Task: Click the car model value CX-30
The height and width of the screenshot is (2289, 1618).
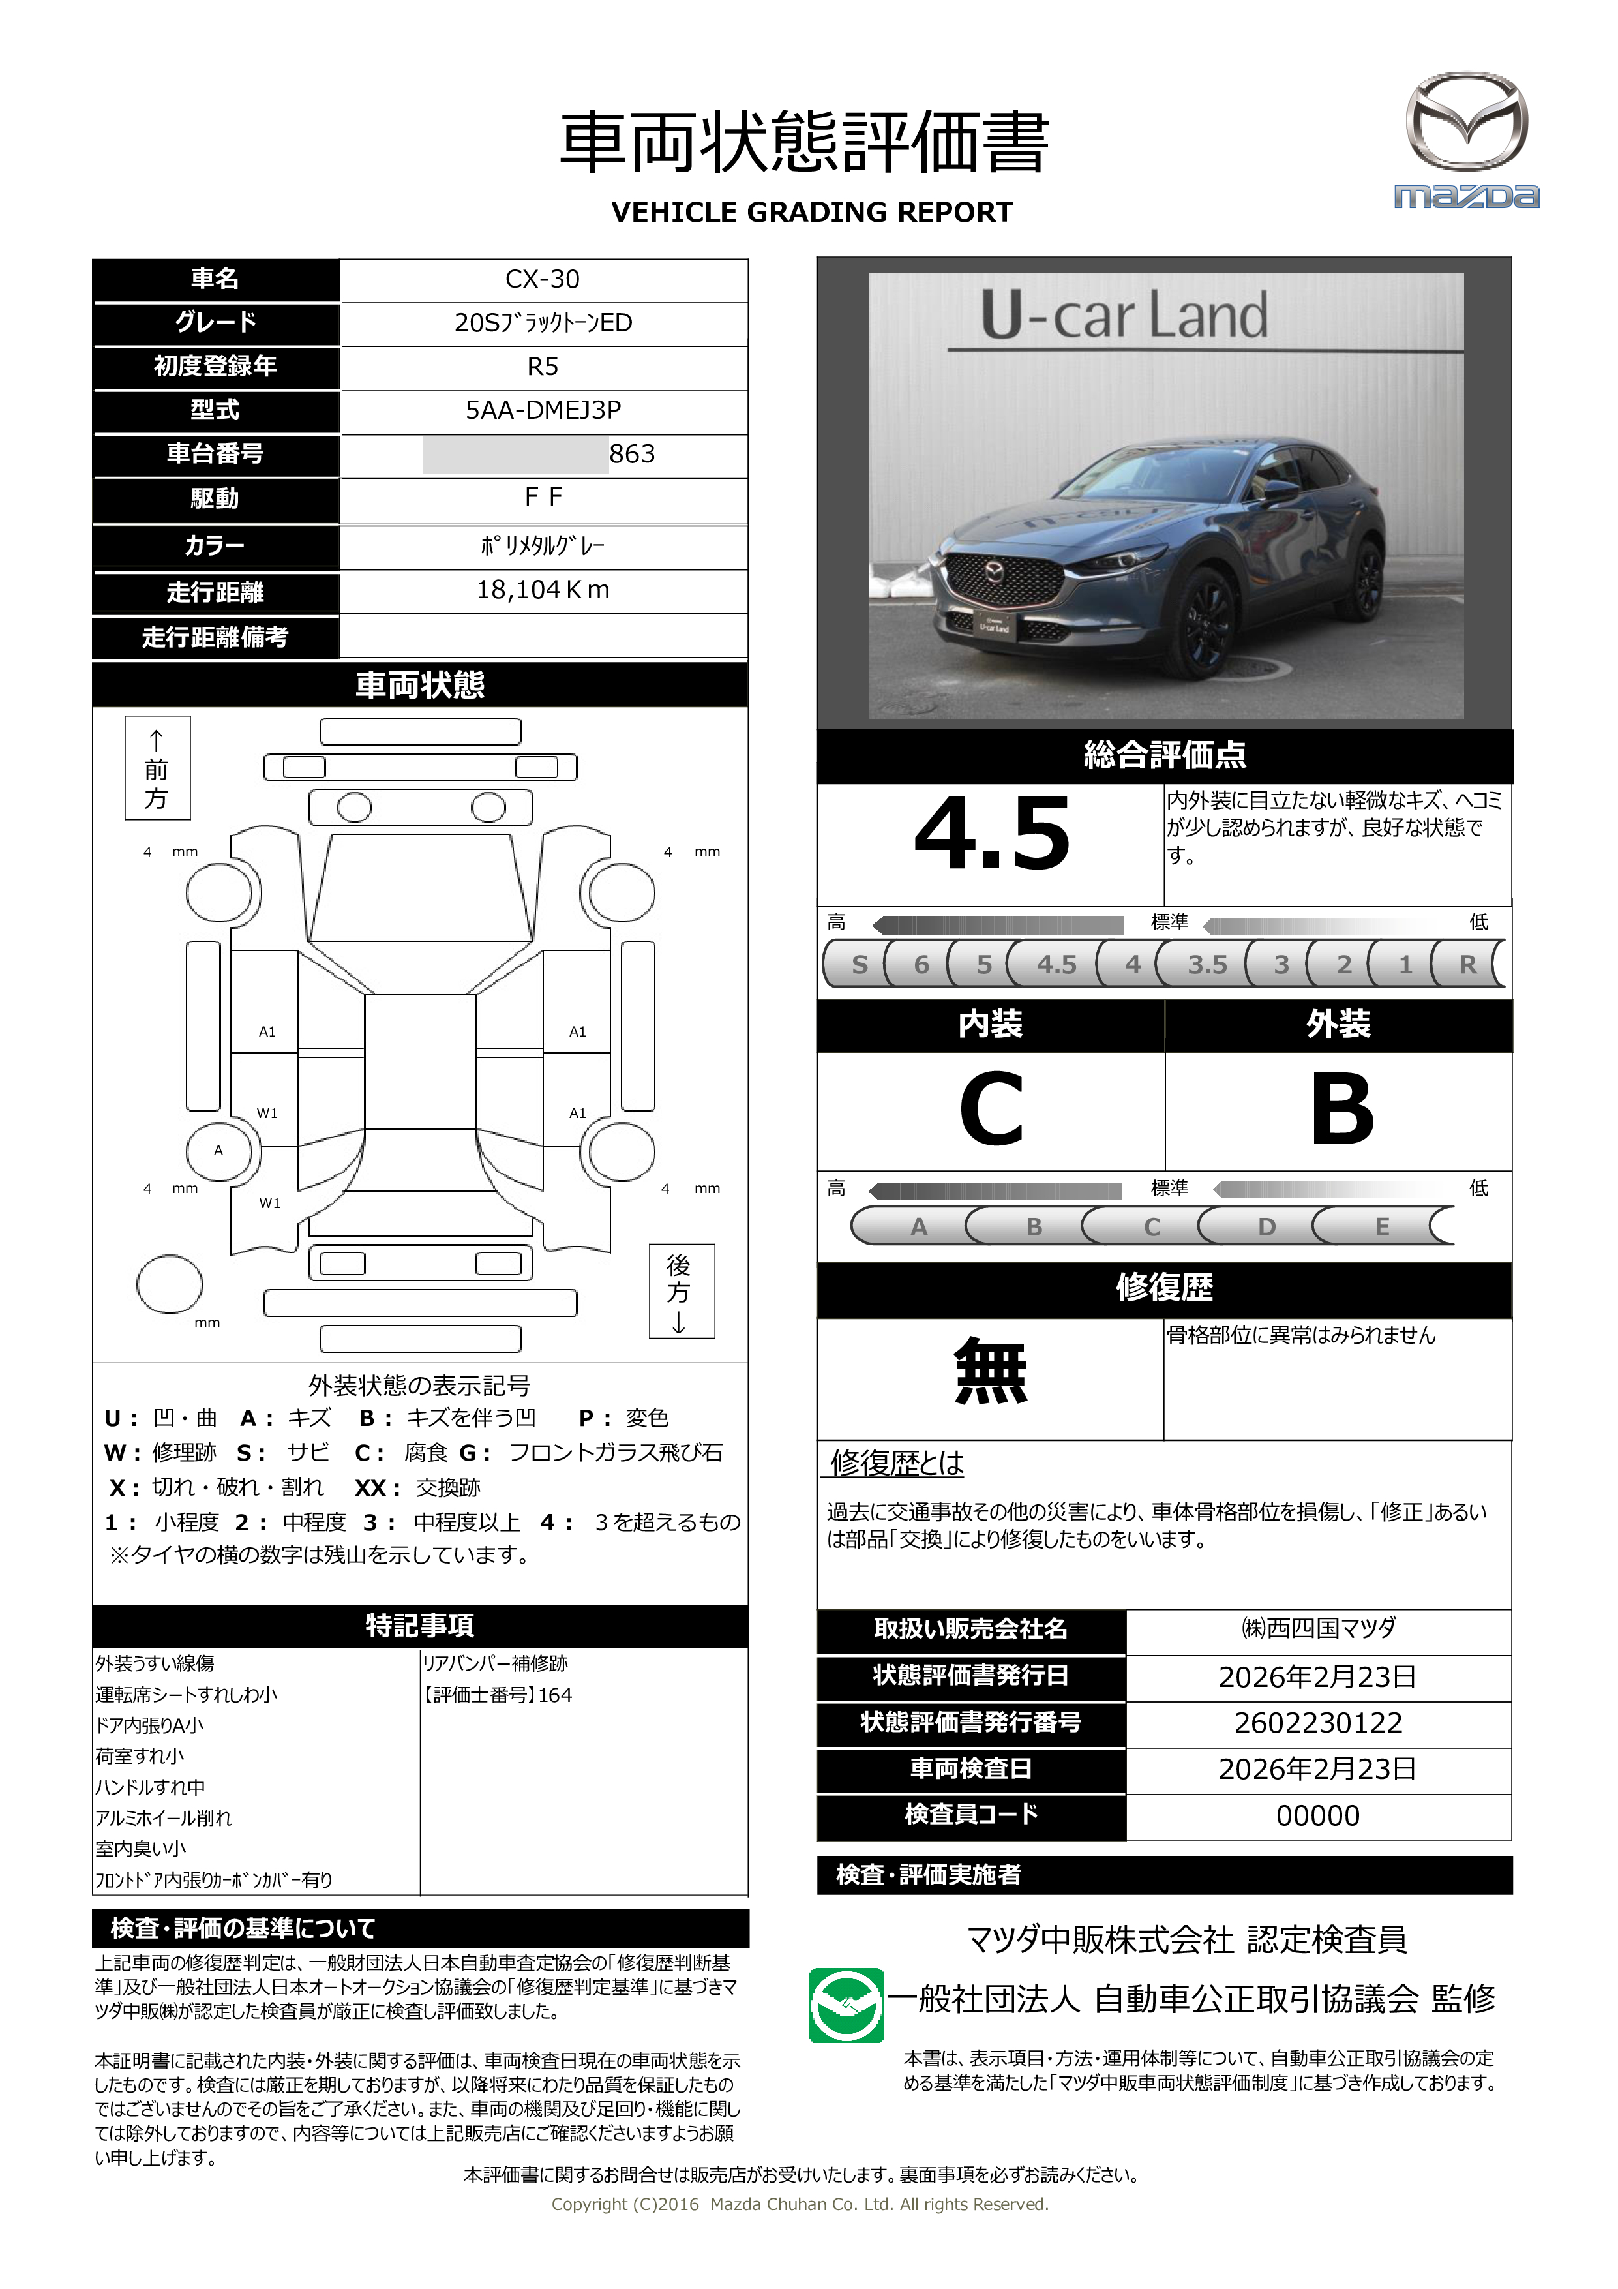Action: (543, 279)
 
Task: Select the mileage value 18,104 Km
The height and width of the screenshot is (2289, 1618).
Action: (543, 590)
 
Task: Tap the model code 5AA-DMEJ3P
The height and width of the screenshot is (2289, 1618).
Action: (543, 410)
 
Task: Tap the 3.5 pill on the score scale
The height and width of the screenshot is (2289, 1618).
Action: (1206, 964)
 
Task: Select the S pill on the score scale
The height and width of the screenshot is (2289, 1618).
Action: (860, 964)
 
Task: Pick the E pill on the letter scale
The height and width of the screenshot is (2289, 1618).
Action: (1382, 1226)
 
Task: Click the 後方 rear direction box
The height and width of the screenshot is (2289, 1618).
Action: (681, 1291)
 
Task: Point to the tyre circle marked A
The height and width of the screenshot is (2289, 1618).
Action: (219, 1151)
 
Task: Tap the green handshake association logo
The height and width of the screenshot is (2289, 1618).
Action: (845, 2005)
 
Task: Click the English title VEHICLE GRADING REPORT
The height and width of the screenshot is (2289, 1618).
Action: (811, 213)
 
